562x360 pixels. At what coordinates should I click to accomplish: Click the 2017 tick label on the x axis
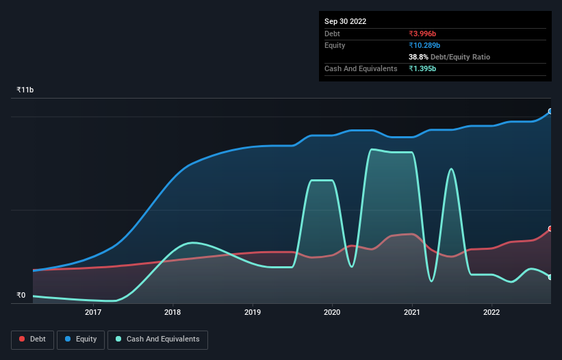pyautogui.click(x=93, y=313)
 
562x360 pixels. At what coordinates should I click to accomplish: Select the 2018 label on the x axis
pyautogui.click(x=173, y=313)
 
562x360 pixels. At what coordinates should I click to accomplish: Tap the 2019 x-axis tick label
pyautogui.click(x=253, y=313)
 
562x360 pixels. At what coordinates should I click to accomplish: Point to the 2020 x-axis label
pyautogui.click(x=332, y=313)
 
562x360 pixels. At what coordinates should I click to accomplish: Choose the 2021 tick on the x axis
pyautogui.click(x=412, y=313)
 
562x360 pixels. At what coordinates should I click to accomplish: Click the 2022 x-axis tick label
pyautogui.click(x=491, y=313)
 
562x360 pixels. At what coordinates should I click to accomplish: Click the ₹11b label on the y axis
pyautogui.click(x=25, y=90)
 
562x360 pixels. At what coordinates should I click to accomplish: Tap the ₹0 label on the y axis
pyautogui.click(x=21, y=296)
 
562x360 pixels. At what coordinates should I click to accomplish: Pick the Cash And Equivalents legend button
pyautogui.click(x=157, y=339)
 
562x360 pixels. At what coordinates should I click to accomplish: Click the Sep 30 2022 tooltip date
pyautogui.click(x=345, y=21)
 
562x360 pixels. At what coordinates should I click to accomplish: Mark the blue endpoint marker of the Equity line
pyautogui.click(x=550, y=111)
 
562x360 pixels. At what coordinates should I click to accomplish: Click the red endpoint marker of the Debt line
pyautogui.click(x=550, y=229)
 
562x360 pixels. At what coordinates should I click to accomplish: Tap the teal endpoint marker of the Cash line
pyautogui.click(x=550, y=277)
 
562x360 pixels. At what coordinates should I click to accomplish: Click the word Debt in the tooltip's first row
pyautogui.click(x=332, y=34)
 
